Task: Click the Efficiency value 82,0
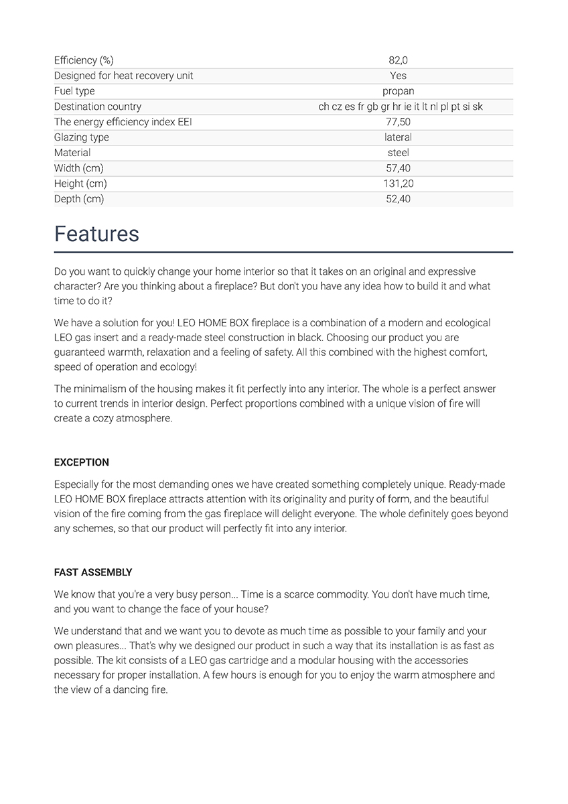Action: tap(398, 60)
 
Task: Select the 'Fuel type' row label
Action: tap(74, 91)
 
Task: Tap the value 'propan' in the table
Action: tap(398, 91)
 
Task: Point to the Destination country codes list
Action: tap(401, 107)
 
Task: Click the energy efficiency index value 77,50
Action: tap(398, 122)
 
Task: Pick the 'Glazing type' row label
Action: tap(82, 137)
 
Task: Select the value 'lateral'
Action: tap(398, 137)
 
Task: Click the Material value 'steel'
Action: tap(398, 153)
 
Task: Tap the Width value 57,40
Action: tap(398, 168)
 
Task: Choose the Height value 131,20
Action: tap(398, 184)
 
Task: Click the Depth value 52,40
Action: tap(398, 199)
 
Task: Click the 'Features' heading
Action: tap(96, 234)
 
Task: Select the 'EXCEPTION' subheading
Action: tap(81, 462)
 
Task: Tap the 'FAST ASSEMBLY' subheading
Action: tap(93, 572)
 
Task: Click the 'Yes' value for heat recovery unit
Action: tap(398, 76)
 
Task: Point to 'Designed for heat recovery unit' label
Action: tap(123, 76)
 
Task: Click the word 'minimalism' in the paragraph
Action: tap(98, 389)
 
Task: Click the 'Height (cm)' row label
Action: tap(80, 184)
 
